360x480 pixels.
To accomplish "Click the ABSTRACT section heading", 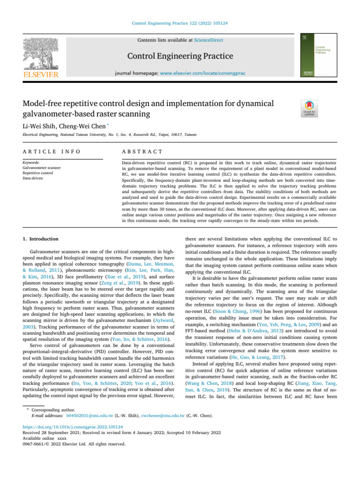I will (x=142, y=152).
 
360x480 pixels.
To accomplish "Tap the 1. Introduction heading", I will (x=41, y=239).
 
